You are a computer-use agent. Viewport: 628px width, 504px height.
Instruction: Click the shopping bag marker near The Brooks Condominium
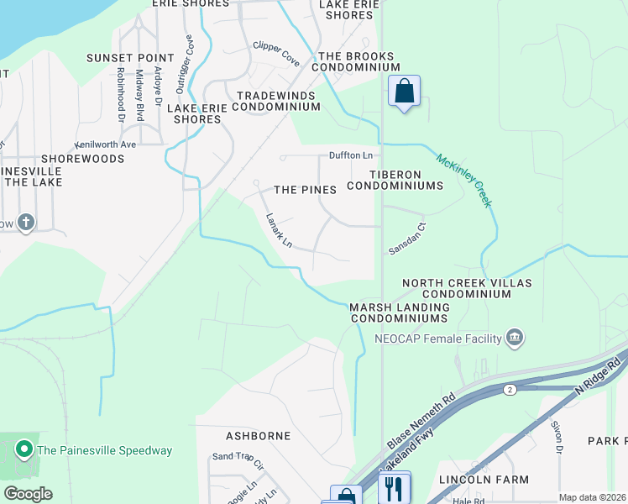(405, 92)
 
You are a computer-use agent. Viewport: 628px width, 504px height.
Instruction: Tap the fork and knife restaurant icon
(394, 487)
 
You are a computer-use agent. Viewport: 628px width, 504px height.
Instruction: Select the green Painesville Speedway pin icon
(24, 450)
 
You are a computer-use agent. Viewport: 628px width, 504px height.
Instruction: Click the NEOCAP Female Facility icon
(515, 339)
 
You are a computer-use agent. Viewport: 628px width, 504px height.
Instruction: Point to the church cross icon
(26, 223)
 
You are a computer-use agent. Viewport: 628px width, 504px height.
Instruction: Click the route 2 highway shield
(509, 390)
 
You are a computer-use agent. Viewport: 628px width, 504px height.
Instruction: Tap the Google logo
(27, 493)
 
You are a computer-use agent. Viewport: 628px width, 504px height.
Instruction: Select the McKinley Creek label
(463, 180)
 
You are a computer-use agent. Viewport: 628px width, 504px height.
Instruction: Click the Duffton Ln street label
(350, 155)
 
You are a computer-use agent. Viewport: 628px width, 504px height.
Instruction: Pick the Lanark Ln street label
(279, 231)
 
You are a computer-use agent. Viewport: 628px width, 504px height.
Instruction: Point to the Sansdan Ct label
(408, 238)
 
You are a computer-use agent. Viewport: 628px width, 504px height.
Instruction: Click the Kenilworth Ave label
(105, 144)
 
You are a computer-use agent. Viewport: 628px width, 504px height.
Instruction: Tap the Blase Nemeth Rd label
(421, 419)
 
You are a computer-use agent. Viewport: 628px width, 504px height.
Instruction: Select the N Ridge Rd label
(599, 377)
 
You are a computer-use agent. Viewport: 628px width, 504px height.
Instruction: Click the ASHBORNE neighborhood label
(258, 436)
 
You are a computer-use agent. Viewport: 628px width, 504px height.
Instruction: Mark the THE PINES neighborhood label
(305, 190)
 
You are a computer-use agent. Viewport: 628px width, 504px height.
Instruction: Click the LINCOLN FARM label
(484, 479)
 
